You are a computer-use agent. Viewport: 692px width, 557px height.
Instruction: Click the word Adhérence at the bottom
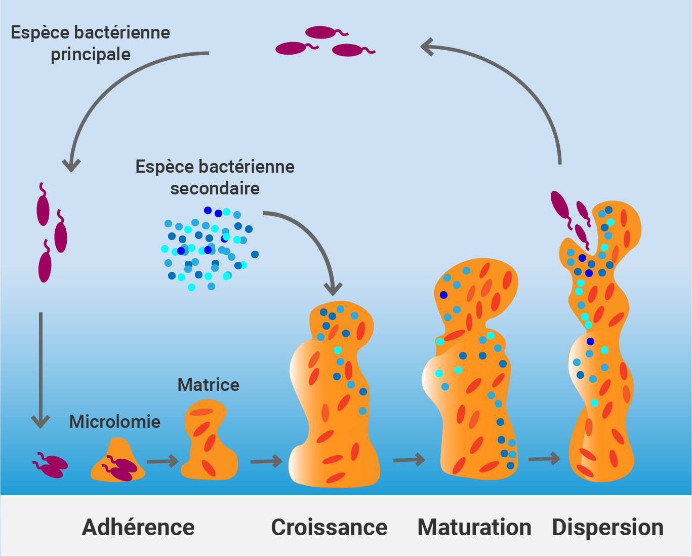(138, 527)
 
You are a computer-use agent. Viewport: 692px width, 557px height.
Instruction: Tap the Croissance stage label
(329, 527)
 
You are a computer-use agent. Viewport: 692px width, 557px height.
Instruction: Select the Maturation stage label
(474, 527)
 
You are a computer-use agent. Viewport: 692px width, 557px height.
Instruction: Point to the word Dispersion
(607, 527)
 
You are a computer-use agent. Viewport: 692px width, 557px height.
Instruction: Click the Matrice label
(208, 385)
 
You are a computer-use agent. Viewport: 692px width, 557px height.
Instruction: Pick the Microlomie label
(114, 422)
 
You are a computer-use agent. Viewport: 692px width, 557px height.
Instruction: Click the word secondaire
(215, 188)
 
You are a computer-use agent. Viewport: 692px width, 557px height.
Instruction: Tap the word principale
(91, 54)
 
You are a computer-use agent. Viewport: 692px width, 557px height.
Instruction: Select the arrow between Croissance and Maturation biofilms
(409, 460)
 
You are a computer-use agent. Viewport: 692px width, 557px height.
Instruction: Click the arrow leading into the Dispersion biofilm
(544, 459)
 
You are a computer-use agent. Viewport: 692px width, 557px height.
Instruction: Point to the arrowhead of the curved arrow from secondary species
(333, 289)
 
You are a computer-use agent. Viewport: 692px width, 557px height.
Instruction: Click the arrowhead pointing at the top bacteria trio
(428, 47)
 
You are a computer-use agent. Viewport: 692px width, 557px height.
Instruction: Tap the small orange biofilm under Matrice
(209, 441)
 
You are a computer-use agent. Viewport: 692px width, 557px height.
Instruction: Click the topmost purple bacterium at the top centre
(322, 32)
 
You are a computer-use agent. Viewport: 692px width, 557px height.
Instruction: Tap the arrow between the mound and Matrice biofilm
(162, 461)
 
